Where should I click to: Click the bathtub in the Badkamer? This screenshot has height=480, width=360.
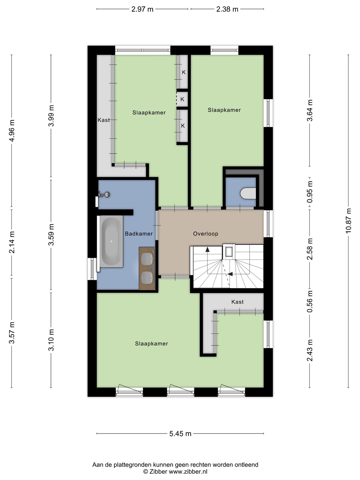pyautogui.click(x=111, y=241)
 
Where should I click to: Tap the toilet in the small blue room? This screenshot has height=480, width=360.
pyautogui.click(x=248, y=194)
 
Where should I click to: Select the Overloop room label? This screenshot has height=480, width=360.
pyautogui.click(x=205, y=234)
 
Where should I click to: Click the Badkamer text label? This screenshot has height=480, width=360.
pyautogui.click(x=139, y=234)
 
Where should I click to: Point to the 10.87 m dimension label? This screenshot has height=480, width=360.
pyautogui.click(x=348, y=221)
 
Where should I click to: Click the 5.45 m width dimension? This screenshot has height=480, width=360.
pyautogui.click(x=180, y=434)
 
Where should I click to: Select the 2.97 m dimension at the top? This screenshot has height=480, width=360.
pyautogui.click(x=142, y=9)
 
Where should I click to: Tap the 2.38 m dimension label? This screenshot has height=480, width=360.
pyautogui.click(x=227, y=9)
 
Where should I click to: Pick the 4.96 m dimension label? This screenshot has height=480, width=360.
pyautogui.click(x=12, y=131)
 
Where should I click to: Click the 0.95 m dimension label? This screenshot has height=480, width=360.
pyautogui.click(x=310, y=192)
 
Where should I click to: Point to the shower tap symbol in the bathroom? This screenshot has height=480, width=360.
pyautogui.click(x=104, y=194)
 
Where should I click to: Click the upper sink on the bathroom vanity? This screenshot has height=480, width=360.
pyautogui.click(x=147, y=258)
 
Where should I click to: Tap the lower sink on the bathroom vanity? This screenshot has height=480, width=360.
pyautogui.click(x=147, y=278)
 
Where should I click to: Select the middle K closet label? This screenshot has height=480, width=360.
pyautogui.click(x=182, y=99)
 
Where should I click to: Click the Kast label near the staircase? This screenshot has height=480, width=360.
pyautogui.click(x=237, y=302)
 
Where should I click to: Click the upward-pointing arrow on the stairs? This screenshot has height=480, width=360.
pyautogui.click(x=207, y=249)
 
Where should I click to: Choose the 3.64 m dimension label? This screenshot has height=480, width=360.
pyautogui.click(x=310, y=110)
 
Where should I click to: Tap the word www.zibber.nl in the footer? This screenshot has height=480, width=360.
pyautogui.click(x=188, y=472)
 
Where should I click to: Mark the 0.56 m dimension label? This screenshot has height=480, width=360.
pyautogui.click(x=310, y=301)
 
